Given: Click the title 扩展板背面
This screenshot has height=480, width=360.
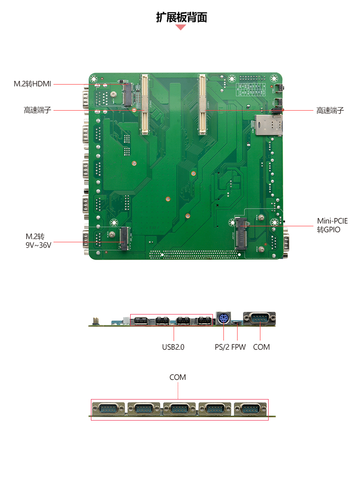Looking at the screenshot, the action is pyautogui.click(x=181, y=17).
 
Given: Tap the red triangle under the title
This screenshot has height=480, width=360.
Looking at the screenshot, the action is pyautogui.click(x=181, y=27).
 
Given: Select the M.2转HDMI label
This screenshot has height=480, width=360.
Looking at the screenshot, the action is pyautogui.click(x=32, y=84).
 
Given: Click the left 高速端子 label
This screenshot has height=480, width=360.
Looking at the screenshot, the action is pyautogui.click(x=37, y=110).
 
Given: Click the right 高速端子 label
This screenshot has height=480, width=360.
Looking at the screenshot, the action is pyautogui.click(x=330, y=111).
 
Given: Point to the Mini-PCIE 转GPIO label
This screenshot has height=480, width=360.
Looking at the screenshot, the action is pyautogui.click(x=332, y=225).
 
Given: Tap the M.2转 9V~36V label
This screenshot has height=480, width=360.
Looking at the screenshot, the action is pyautogui.click(x=38, y=240).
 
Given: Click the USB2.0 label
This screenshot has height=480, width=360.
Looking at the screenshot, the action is pyautogui.click(x=173, y=347).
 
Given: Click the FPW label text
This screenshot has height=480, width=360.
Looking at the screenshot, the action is pyautogui.click(x=238, y=347).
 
